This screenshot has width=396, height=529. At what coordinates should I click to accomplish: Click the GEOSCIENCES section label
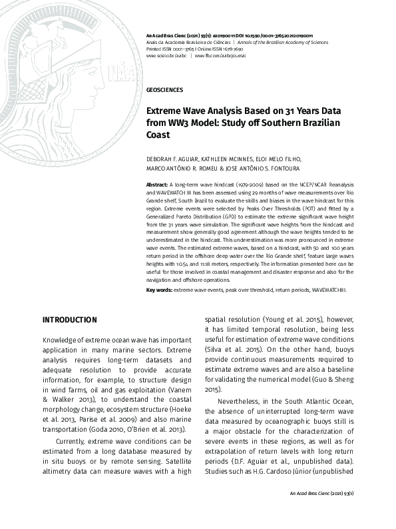pyautogui.click(x=164, y=89)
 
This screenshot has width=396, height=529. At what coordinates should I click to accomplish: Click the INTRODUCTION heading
pyautogui.click(x=69, y=320)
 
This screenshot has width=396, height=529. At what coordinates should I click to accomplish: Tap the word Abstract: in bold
pyautogui.click(x=157, y=183)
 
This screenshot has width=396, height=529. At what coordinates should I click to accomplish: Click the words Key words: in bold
pyautogui.click(x=159, y=291)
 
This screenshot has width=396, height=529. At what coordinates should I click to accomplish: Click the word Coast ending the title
pyautogui.click(x=158, y=135)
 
